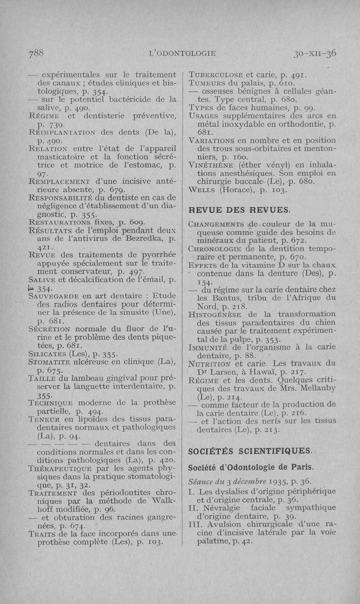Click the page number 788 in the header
(36, 53)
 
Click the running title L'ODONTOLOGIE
(183, 53)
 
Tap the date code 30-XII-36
(315, 53)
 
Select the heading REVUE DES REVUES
(239, 210)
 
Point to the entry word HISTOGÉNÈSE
(215, 313)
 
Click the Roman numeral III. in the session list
(195, 524)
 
